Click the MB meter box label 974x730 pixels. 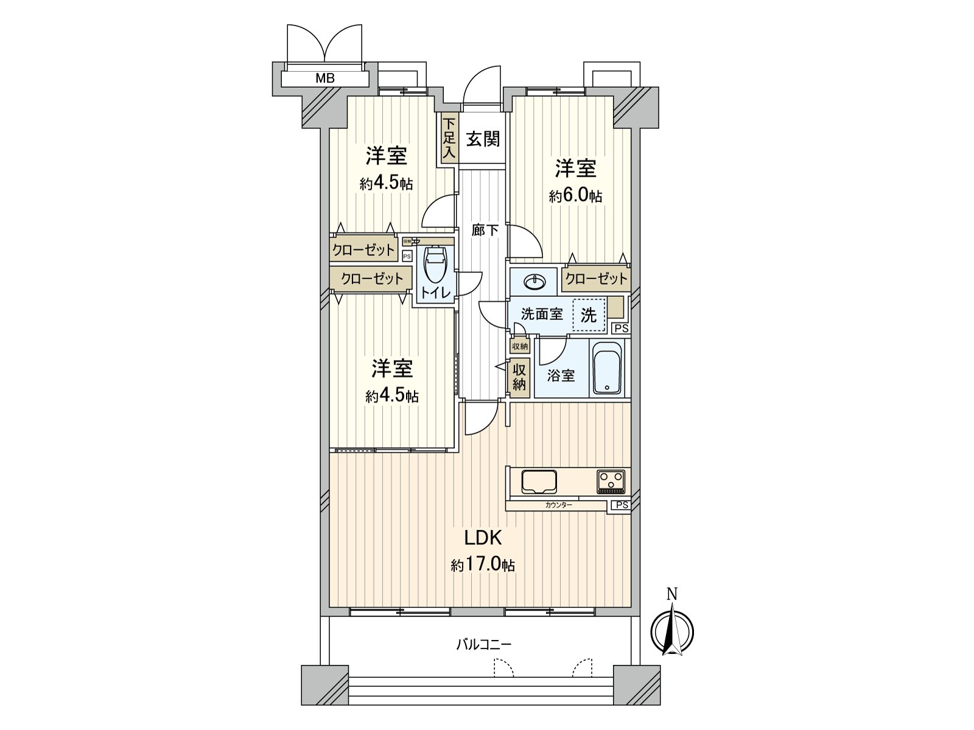point(324,78)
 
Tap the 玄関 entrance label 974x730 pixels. point(483,139)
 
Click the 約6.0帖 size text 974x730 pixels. point(575,196)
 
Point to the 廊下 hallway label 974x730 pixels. point(485,231)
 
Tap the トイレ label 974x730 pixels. point(435,293)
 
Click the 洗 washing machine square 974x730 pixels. point(589,315)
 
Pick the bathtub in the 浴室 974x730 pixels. point(607,369)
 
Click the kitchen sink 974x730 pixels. point(538,482)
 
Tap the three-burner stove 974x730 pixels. point(611,482)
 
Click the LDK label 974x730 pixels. point(482,538)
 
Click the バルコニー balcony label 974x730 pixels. point(484,644)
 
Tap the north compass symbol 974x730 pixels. point(672,630)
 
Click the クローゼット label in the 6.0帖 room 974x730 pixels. point(595,279)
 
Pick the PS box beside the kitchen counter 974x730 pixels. point(620,505)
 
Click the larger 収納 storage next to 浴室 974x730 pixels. point(519,377)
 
